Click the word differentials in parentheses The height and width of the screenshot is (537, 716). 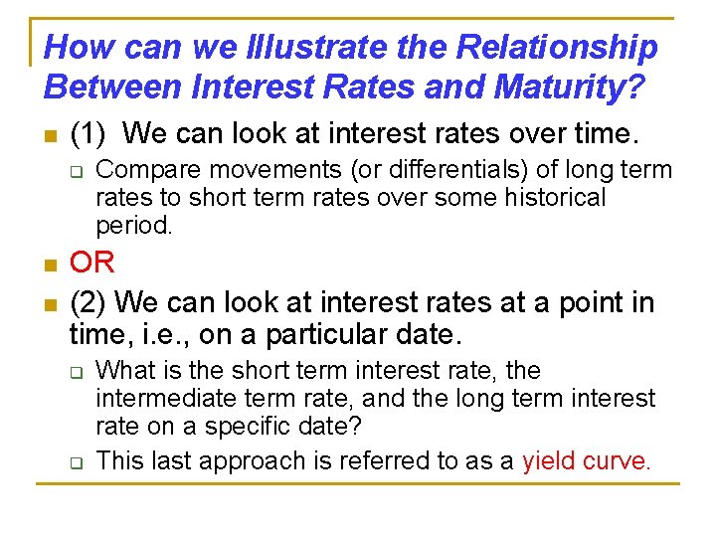381,170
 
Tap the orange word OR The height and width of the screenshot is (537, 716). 92,264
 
